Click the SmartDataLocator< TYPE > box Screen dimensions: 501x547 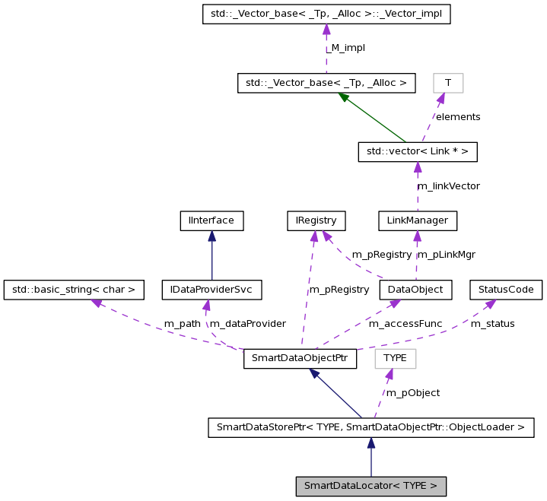pyautogui.click(x=370, y=486)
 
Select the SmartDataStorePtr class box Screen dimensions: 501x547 pyautogui.click(x=370, y=427)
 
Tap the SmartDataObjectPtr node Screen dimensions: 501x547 pyautogui.click(x=301, y=359)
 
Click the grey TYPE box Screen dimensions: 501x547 pyautogui.click(x=395, y=359)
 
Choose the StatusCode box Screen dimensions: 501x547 pyautogui.click(x=506, y=290)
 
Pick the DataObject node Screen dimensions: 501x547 pyautogui.click(x=415, y=290)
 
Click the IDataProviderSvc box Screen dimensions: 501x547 pyautogui.click(x=211, y=290)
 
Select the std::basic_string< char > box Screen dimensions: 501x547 pyautogui.click(x=74, y=290)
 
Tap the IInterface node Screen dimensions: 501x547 pyautogui.click(x=211, y=221)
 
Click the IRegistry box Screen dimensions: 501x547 pyautogui.click(x=316, y=221)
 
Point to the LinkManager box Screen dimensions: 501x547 pyautogui.click(x=418, y=221)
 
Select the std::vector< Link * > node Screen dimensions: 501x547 pyautogui.click(x=418, y=152)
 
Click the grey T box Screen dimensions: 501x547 pyautogui.click(x=448, y=83)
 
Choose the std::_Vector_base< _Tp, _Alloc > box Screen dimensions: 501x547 pyautogui.click(x=326, y=83)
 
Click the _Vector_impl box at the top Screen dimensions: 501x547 pyautogui.click(x=326, y=14)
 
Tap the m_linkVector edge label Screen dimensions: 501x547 pyautogui.click(x=448, y=185)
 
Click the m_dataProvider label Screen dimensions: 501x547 pyautogui.click(x=247, y=324)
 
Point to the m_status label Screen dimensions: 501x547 pyautogui.click(x=492, y=324)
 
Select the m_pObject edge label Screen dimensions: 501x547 pyautogui.click(x=412, y=393)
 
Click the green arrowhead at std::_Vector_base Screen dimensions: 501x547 pyautogui.click(x=345, y=97)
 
